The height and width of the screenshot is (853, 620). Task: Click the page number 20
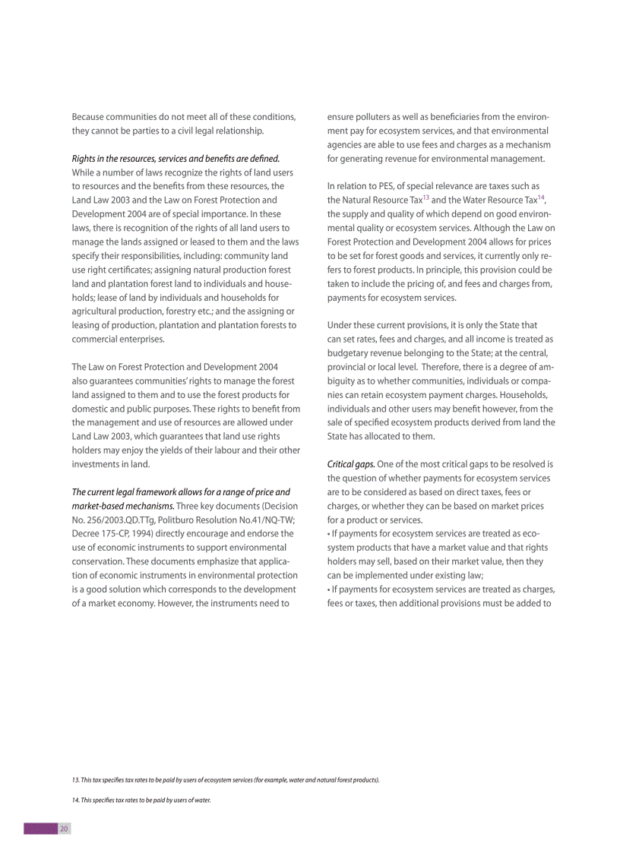pyautogui.click(x=65, y=829)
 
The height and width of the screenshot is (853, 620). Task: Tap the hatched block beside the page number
pyautogui.click(x=41, y=829)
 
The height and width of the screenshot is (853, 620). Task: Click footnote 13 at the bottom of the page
pyautogui.click(x=226, y=779)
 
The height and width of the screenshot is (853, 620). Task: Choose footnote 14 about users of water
pyautogui.click(x=141, y=800)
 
